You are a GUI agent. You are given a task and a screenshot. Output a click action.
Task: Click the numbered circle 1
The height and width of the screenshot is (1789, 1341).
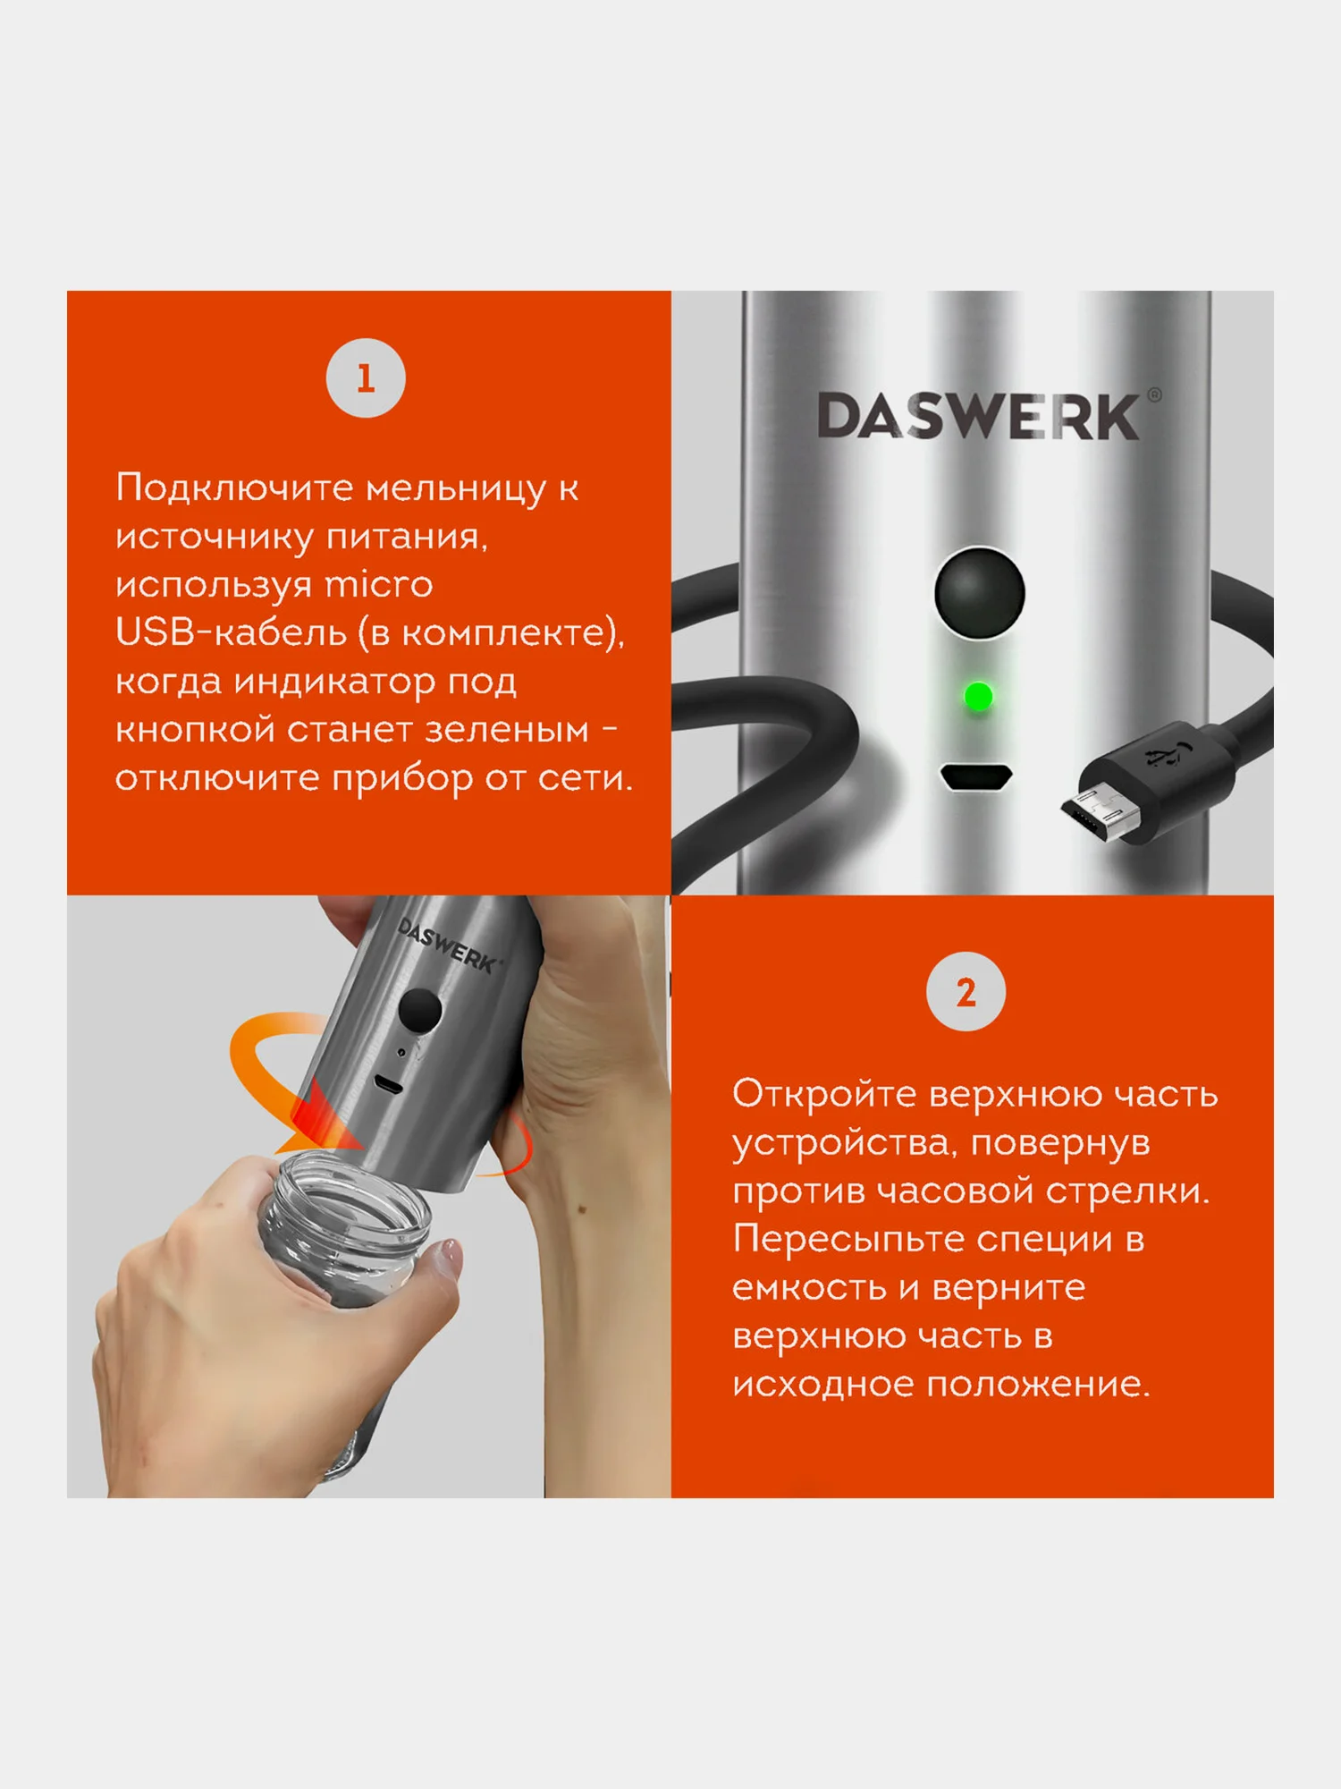click(x=366, y=377)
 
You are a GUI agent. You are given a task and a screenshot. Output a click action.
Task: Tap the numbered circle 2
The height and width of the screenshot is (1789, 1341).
click(x=966, y=992)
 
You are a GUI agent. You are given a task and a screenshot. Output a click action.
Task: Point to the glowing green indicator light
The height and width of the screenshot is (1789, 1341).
click(x=979, y=696)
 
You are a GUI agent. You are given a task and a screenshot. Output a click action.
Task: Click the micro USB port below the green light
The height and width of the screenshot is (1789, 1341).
click(x=976, y=776)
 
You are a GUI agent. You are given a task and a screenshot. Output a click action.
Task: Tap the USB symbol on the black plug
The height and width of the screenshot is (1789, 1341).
click(x=1164, y=756)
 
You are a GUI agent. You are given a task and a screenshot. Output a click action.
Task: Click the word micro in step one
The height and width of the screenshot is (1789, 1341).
click(x=378, y=584)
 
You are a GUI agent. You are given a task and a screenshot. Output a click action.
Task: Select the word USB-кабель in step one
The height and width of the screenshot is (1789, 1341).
click(x=231, y=632)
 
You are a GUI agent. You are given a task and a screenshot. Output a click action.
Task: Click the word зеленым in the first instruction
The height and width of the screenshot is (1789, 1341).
click(x=506, y=730)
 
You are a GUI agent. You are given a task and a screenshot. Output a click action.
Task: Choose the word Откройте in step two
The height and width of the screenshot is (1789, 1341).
click(x=822, y=1094)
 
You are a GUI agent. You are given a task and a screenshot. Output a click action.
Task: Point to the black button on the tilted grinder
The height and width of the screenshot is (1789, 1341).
click(x=419, y=1009)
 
